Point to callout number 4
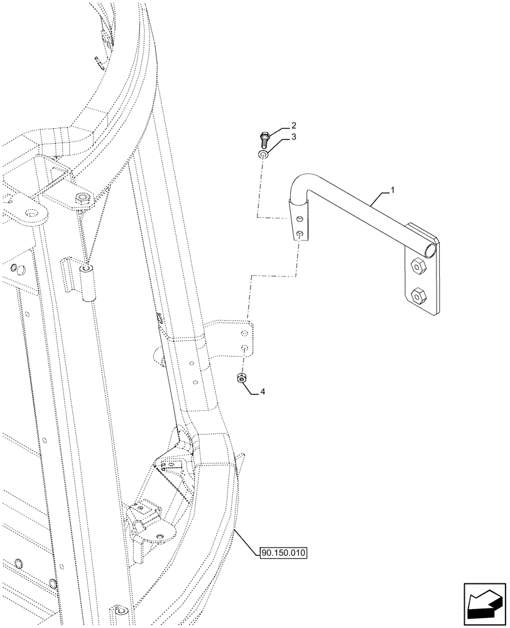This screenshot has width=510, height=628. click(x=263, y=391)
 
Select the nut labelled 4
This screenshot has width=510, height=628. click(x=242, y=377)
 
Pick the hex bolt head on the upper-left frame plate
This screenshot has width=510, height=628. click(x=80, y=200)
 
